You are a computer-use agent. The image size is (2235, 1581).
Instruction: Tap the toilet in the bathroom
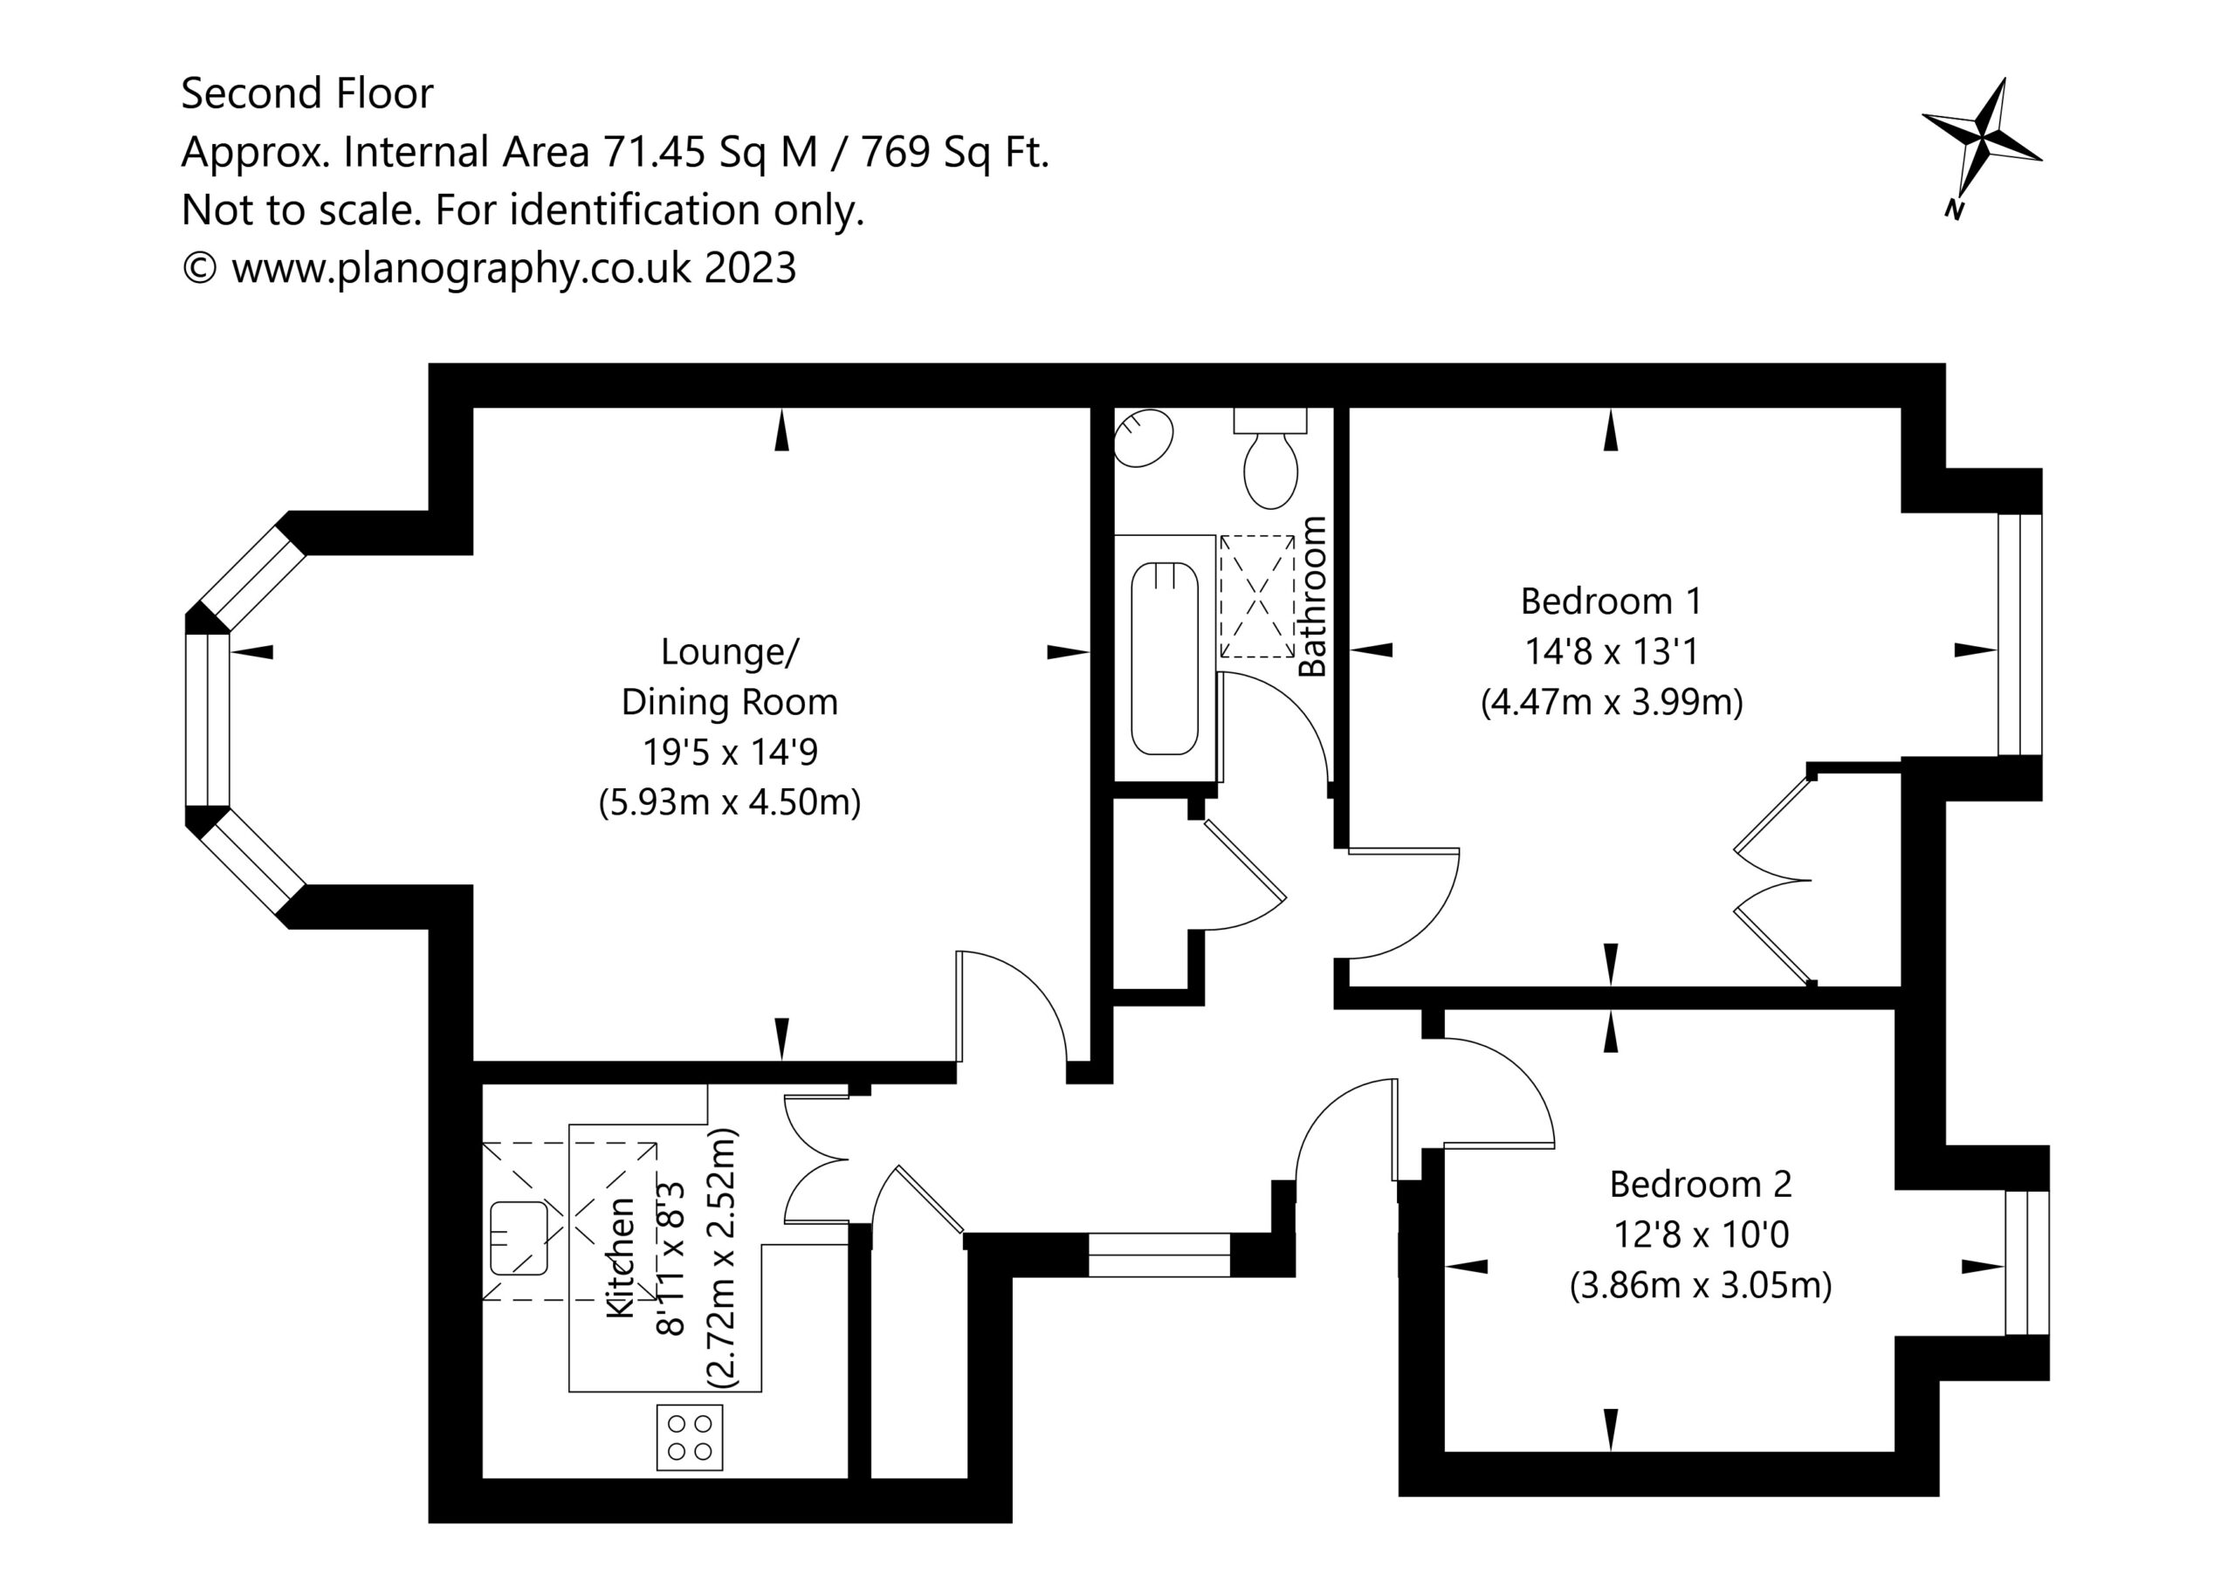point(1270,457)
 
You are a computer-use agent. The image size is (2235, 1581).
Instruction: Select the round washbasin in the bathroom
point(1143,438)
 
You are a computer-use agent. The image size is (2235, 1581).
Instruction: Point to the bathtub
point(1165,659)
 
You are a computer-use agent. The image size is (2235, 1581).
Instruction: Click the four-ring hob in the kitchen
point(691,1437)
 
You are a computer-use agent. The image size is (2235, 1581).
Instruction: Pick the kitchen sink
point(519,1238)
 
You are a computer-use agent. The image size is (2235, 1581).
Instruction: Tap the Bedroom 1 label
point(1611,601)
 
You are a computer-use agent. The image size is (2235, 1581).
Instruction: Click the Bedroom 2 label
point(1701,1184)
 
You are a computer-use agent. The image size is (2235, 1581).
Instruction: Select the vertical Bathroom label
point(1312,595)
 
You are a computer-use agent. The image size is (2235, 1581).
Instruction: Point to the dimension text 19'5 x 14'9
point(730,752)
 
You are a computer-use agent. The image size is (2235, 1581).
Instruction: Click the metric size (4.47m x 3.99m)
point(1612,702)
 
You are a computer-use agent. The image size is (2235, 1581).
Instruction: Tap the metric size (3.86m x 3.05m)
point(1701,1285)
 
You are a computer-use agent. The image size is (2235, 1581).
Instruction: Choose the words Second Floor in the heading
point(306,93)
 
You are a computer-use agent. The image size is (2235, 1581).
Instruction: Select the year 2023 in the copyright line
point(750,268)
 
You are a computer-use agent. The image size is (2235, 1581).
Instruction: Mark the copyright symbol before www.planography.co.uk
point(200,268)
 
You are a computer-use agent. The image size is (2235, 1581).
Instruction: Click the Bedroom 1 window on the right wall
point(2020,634)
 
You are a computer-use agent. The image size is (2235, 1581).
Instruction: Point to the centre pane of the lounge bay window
point(207,720)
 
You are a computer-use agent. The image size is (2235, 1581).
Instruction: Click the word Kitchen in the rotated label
point(621,1258)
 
